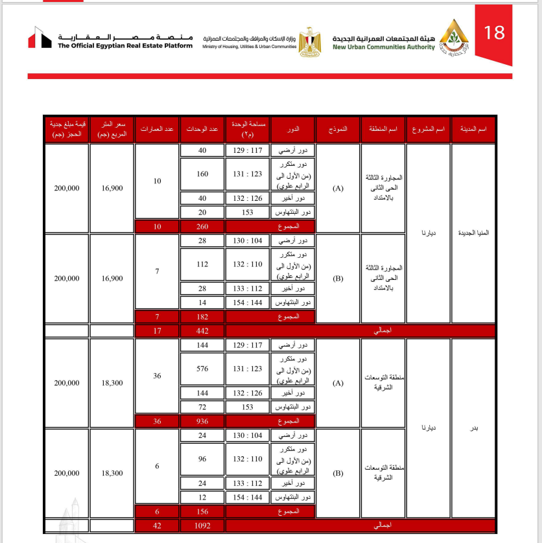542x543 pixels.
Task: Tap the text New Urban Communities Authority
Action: (384, 47)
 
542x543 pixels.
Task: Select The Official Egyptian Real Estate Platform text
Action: (125, 46)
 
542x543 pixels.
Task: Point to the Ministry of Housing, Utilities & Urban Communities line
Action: (249, 47)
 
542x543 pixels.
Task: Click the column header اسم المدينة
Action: (473, 130)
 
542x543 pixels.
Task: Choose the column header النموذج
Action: (337, 130)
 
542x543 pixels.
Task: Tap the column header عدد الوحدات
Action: (202, 130)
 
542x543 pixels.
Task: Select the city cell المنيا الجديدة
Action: (473, 233)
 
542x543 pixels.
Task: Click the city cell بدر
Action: (473, 428)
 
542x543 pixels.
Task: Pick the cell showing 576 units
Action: (202, 369)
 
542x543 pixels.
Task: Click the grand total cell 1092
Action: (202, 526)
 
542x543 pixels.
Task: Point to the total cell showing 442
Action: (202, 330)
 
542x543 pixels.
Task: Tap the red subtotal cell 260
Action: (202, 226)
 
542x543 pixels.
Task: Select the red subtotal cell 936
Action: (202, 421)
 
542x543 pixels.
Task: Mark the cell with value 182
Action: (202, 317)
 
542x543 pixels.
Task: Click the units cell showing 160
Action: (202, 174)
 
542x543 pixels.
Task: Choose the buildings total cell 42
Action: (156, 526)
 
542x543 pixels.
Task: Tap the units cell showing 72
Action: (202, 407)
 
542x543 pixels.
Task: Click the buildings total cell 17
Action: (156, 330)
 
